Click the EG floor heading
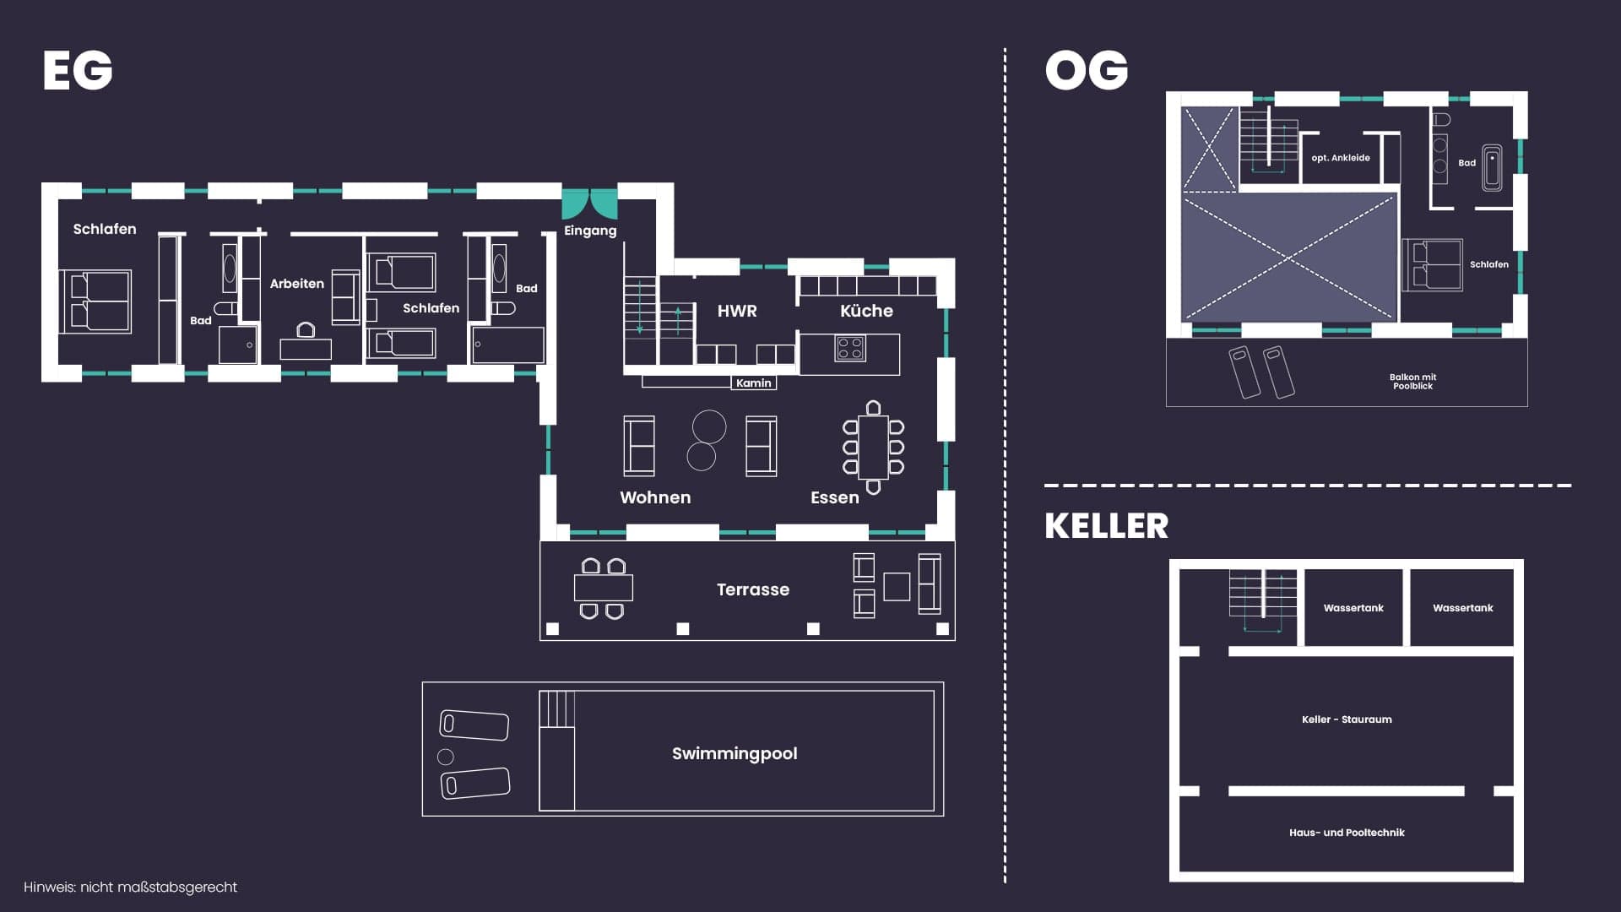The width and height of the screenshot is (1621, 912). [78, 70]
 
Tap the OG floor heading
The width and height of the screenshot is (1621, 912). [1087, 70]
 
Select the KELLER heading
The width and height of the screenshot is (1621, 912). [1107, 526]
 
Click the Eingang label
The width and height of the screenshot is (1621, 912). [590, 231]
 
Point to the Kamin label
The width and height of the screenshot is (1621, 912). [754, 383]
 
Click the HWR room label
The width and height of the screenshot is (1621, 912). [737, 311]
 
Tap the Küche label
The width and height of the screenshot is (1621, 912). [866, 311]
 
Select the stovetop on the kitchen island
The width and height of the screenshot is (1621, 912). [850, 348]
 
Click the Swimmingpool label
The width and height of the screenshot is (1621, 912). [735, 753]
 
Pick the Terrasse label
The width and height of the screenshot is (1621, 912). [753, 589]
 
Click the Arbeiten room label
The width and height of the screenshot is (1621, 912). [297, 284]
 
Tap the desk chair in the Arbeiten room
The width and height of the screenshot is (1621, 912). [306, 329]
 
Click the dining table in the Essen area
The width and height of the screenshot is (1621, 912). [874, 447]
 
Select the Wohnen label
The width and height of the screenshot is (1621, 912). [655, 497]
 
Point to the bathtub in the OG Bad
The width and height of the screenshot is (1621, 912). [1492, 168]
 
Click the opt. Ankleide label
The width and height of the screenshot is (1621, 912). [1341, 158]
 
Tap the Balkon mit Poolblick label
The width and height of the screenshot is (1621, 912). [1413, 382]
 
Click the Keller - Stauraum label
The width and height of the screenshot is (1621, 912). [1347, 719]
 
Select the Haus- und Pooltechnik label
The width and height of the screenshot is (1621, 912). [1347, 833]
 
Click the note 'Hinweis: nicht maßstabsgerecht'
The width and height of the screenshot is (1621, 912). [130, 888]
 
